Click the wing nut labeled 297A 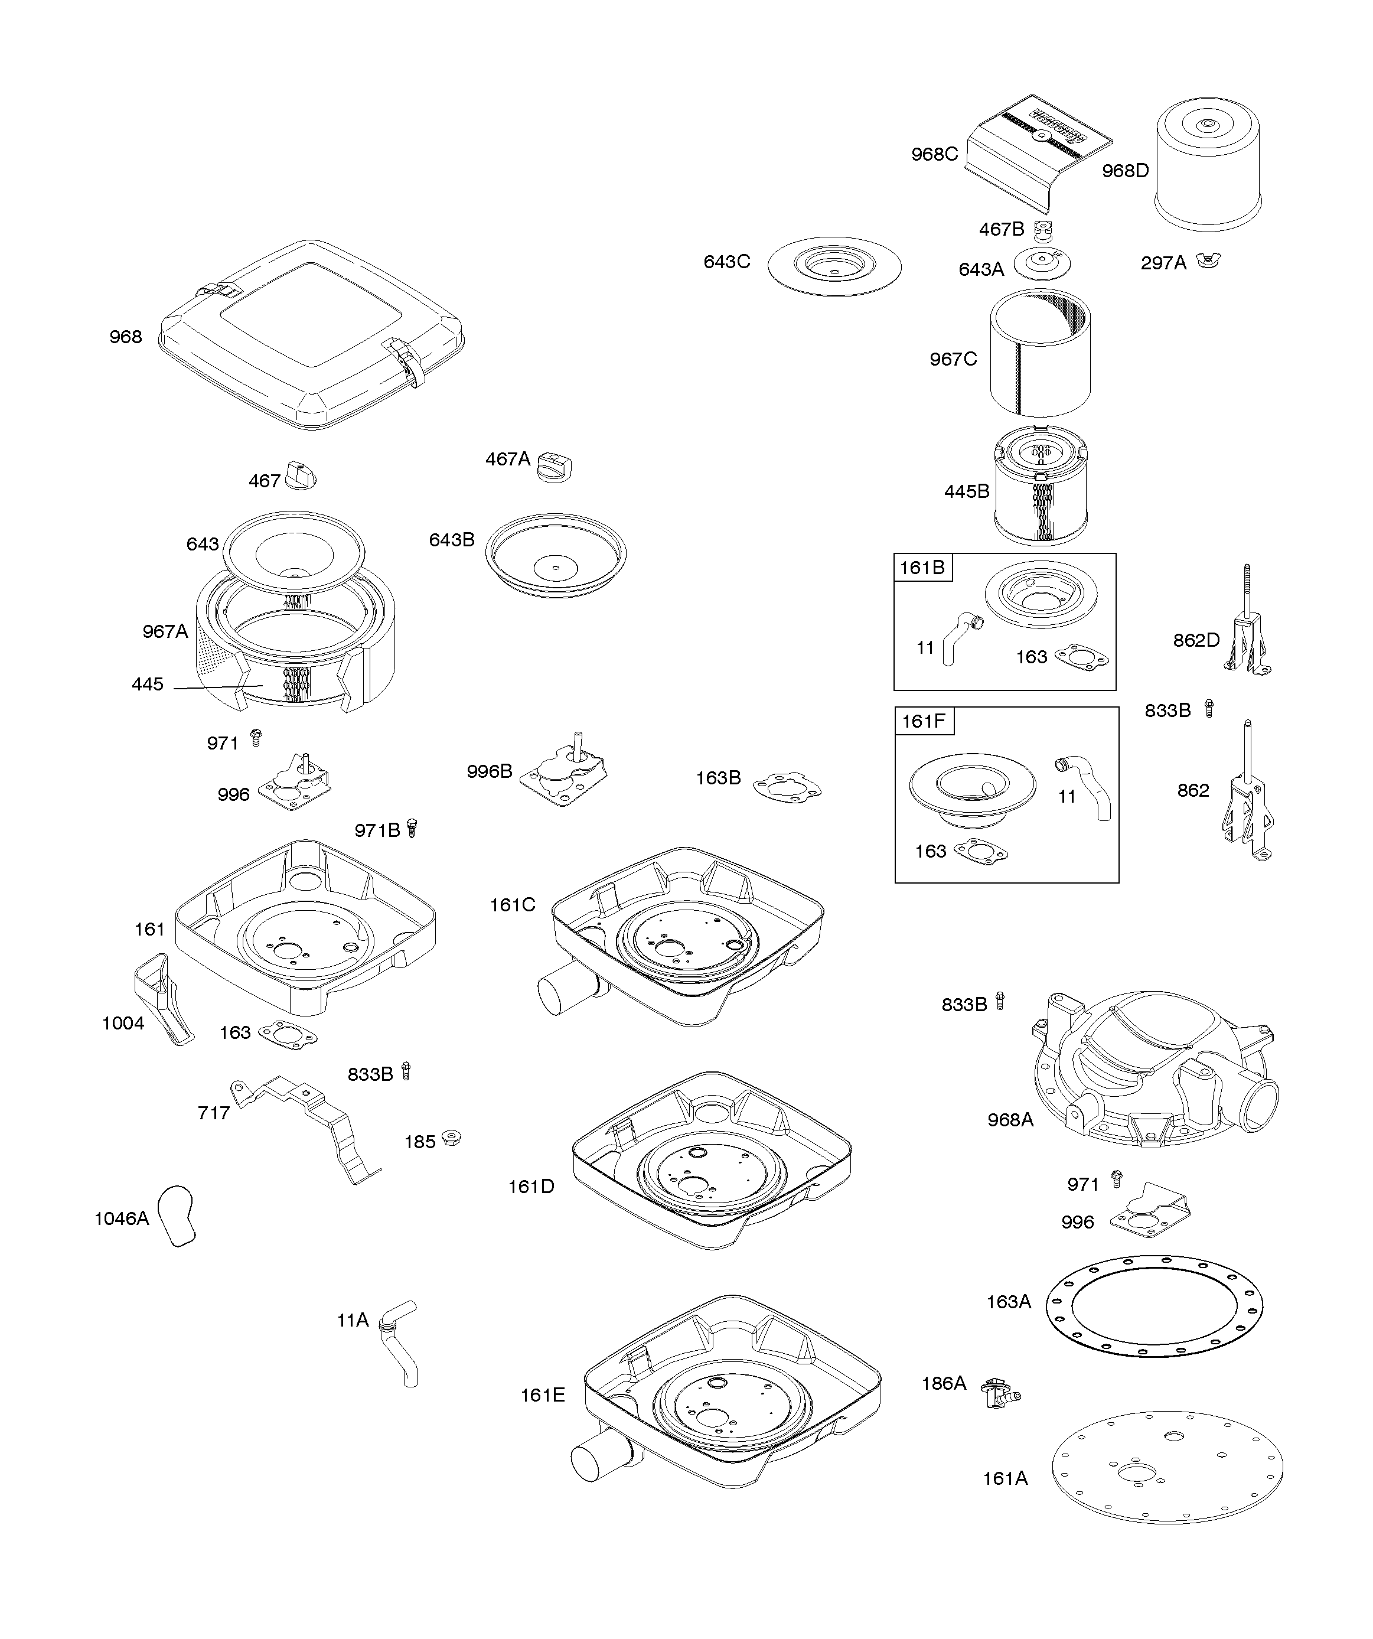(x=1209, y=260)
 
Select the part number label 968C (x=934, y=155)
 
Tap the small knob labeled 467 (x=301, y=475)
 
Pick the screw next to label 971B (x=413, y=827)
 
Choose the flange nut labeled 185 (x=451, y=1138)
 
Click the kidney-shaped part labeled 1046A (x=177, y=1216)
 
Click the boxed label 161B (x=922, y=568)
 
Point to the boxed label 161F (x=924, y=721)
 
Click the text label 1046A (x=121, y=1218)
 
